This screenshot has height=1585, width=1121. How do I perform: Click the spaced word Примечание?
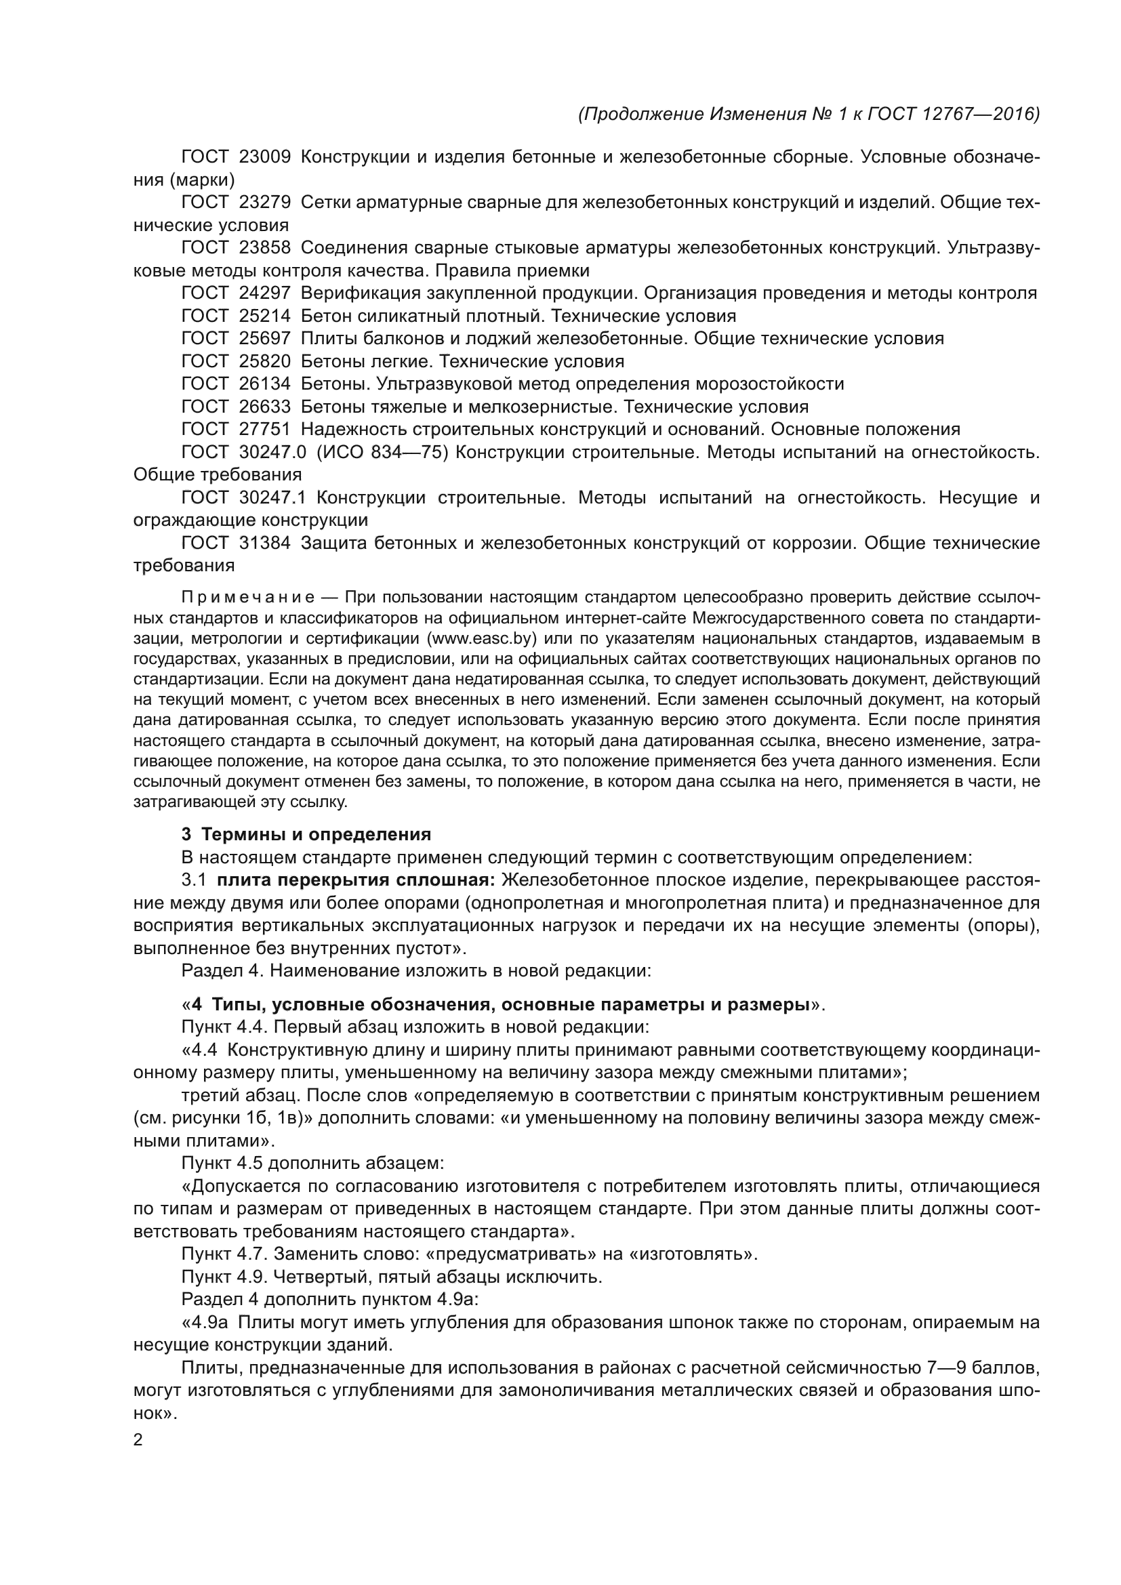click(x=249, y=596)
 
